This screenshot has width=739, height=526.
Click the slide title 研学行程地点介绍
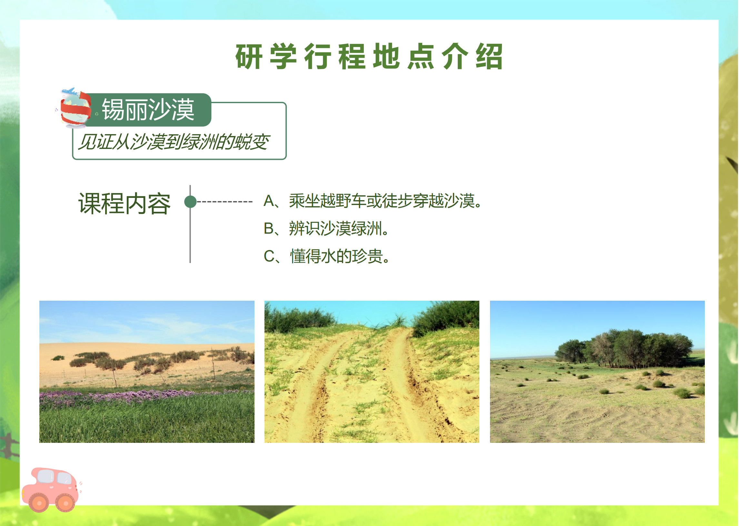click(x=369, y=56)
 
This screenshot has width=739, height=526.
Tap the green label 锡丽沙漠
click(x=148, y=110)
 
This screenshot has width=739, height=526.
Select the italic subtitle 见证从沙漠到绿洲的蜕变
click(x=174, y=142)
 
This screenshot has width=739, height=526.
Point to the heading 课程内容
click(x=125, y=204)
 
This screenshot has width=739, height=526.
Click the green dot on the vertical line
click(x=191, y=202)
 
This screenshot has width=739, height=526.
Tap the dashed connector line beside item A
click(x=225, y=202)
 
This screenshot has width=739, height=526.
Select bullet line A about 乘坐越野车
click(x=373, y=201)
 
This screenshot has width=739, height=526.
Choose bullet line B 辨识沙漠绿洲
click(x=326, y=228)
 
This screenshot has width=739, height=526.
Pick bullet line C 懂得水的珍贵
click(x=327, y=256)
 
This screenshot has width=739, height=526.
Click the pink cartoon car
click(x=51, y=490)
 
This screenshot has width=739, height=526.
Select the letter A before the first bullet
click(x=269, y=201)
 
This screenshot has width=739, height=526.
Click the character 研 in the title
click(x=249, y=56)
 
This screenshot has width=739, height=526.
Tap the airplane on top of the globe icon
click(x=70, y=91)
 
